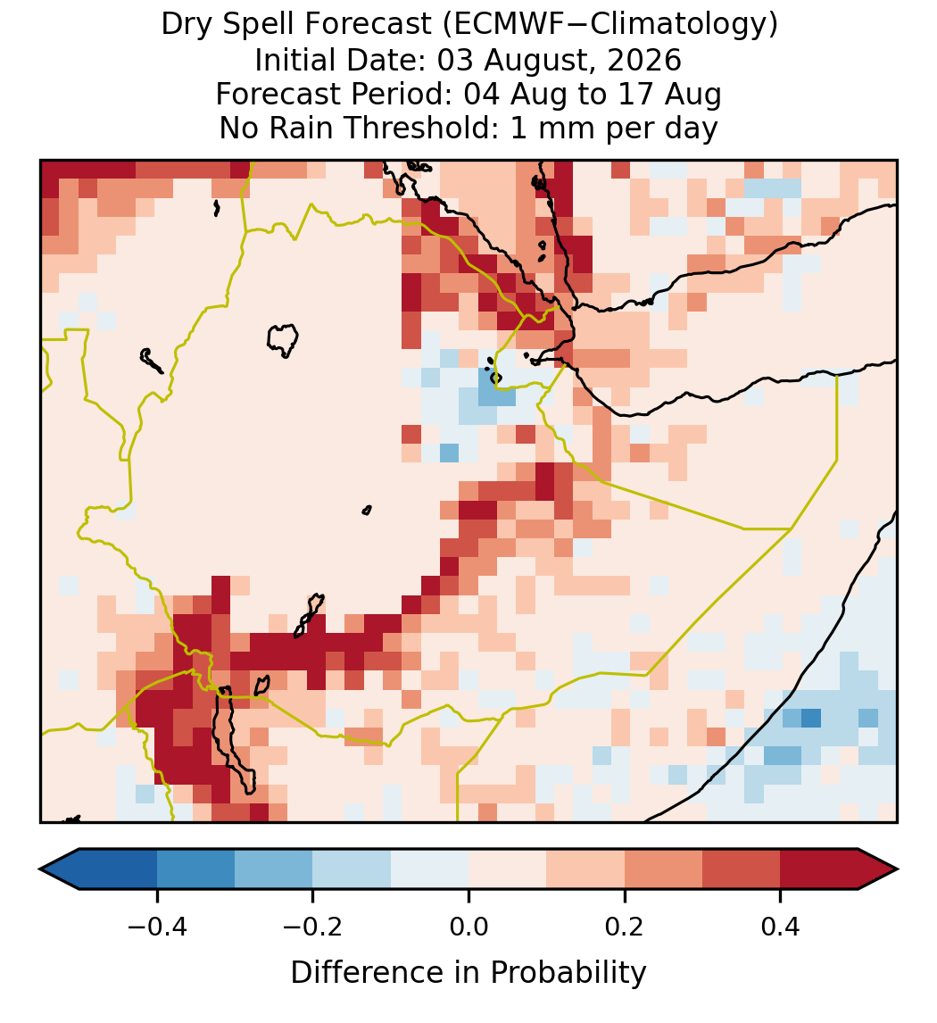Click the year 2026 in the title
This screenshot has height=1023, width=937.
point(644,60)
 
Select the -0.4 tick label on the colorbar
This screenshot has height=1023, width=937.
point(157,927)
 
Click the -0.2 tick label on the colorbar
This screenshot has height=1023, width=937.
point(313,927)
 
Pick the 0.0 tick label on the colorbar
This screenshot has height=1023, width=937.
point(468,927)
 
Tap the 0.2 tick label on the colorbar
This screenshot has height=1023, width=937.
point(625,927)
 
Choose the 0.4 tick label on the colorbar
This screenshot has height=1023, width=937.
point(781,927)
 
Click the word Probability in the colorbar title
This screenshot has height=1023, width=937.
point(568,973)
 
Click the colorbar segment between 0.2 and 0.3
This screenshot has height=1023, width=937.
point(663,869)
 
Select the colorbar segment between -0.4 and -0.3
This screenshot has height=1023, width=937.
point(195,869)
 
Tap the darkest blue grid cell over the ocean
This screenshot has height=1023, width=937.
point(810,718)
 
